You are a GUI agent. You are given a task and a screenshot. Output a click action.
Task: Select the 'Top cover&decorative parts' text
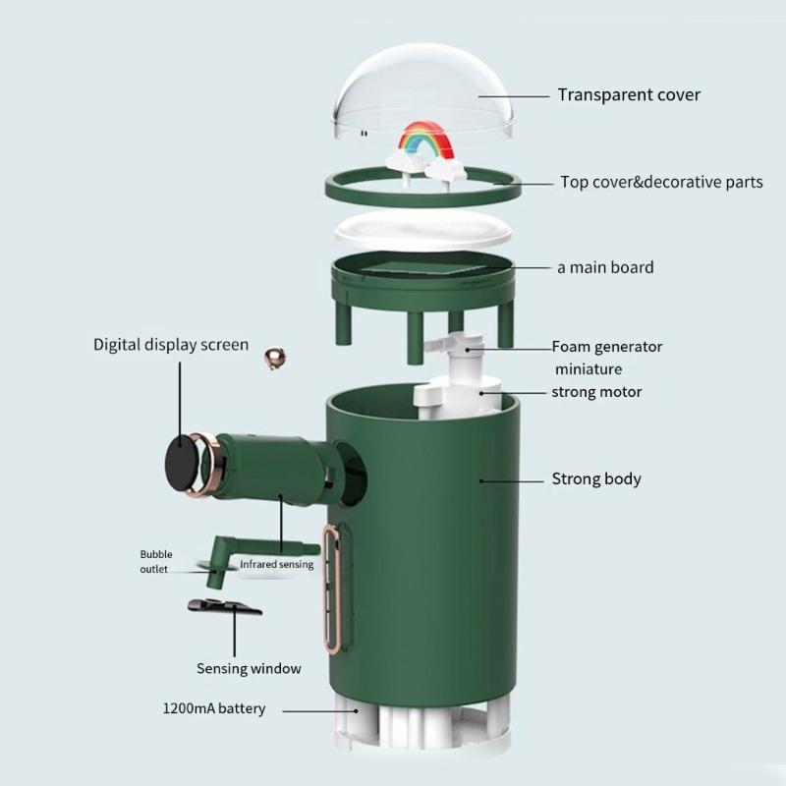tap(661, 182)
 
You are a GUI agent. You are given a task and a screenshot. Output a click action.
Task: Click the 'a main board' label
tap(605, 267)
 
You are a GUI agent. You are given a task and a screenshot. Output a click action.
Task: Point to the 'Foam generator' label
tap(607, 347)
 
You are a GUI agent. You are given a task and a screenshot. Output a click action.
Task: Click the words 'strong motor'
tap(596, 392)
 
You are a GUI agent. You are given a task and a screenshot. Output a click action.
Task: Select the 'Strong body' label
tap(595, 479)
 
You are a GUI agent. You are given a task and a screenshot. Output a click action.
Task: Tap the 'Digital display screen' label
tap(171, 345)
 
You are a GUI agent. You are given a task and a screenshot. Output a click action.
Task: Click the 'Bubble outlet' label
tap(155, 561)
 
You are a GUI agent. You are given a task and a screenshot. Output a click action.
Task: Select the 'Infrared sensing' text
tap(277, 564)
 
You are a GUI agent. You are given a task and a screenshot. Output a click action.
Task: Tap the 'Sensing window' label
tap(249, 668)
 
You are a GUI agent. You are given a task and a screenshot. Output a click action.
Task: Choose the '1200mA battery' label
tap(214, 708)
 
